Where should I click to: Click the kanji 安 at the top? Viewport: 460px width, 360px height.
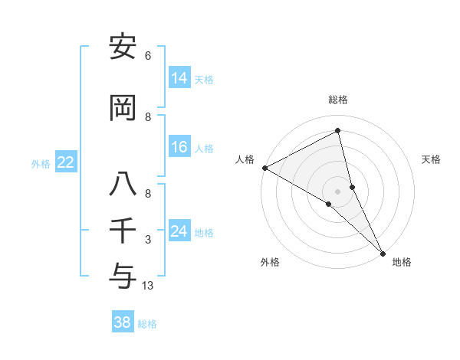123,47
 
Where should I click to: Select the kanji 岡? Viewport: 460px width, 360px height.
123,109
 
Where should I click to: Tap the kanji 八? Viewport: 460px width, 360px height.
123,186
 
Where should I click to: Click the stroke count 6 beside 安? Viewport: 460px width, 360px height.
148,56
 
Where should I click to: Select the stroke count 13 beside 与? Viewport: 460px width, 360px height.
148,286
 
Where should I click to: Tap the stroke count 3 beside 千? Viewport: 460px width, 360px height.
148,240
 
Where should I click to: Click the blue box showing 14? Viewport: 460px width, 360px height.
179,78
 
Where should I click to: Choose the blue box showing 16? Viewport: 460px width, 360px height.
179,147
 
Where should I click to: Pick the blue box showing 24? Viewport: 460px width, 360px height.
179,231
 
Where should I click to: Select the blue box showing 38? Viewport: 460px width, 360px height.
122,322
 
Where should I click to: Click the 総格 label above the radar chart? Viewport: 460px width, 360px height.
338,100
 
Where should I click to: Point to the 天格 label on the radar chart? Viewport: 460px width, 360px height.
431,159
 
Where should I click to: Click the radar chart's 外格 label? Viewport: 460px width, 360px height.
270,262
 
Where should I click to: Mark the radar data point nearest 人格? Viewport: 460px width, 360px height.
264,167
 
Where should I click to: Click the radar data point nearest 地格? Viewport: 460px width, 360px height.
383,252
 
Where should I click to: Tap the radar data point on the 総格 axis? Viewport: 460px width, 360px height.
338,131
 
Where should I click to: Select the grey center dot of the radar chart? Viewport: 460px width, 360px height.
338,191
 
